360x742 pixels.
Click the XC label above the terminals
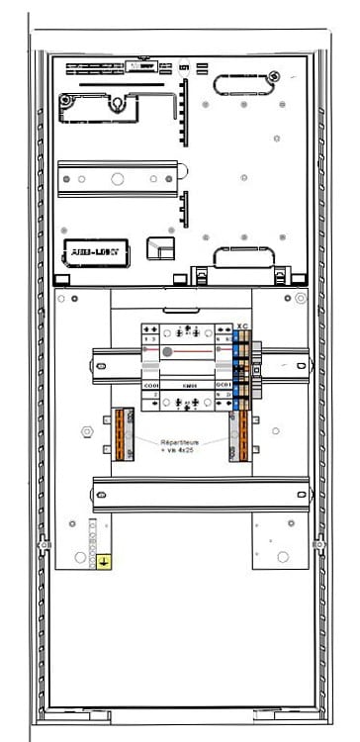[x=243, y=325]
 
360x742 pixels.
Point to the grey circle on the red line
[x=167, y=351]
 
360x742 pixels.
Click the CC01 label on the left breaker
[x=125, y=385]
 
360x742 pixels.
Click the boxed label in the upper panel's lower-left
[x=92, y=252]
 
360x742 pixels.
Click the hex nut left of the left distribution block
[x=85, y=432]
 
